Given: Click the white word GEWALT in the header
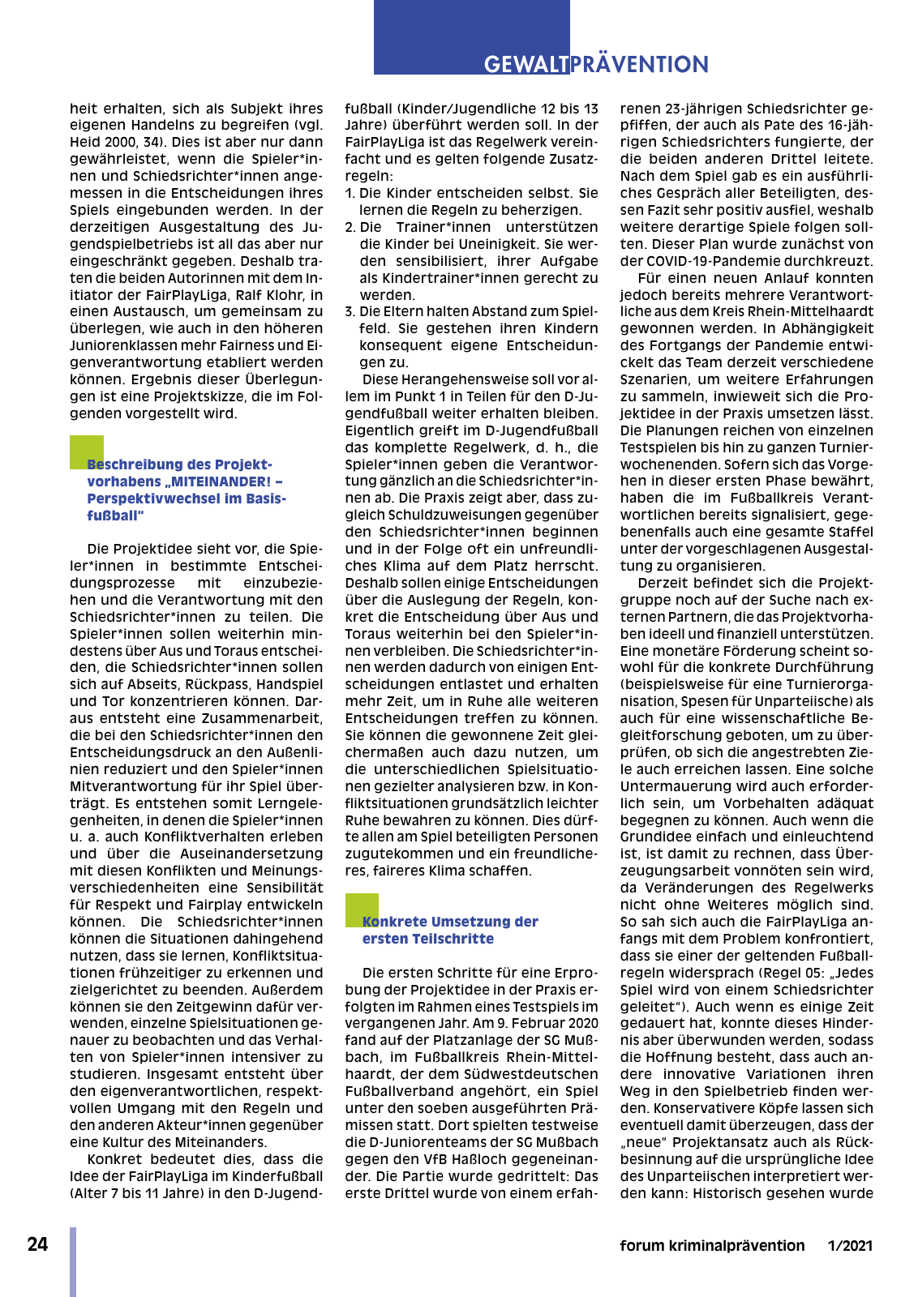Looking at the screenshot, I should (526, 64).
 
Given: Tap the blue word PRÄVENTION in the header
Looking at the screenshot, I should (640, 64).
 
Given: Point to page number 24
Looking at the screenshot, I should (37, 1245).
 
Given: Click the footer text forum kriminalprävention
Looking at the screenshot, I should (712, 1246).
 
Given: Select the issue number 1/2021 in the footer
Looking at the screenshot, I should (850, 1246).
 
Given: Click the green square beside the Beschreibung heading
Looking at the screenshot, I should (86, 452).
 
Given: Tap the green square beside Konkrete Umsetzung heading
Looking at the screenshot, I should (362, 910).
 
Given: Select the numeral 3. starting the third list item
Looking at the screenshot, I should (350, 312).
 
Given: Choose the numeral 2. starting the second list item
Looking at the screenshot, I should (350, 227).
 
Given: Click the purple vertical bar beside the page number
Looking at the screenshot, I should (73, 1261).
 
